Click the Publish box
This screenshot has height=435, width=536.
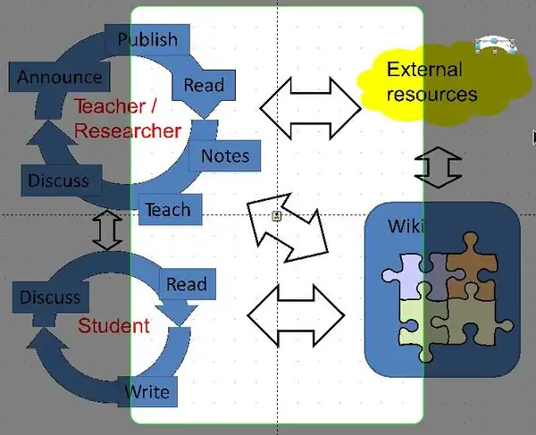coord(147,39)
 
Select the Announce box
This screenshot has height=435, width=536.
coord(59,77)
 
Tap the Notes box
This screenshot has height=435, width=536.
coord(225,155)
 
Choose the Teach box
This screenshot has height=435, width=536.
coord(171,210)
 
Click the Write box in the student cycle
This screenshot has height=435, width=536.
coord(147,391)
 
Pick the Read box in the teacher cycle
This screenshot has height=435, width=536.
coord(204,85)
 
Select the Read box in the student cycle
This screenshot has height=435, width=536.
coord(188,284)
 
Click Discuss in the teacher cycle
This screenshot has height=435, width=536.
coord(61,180)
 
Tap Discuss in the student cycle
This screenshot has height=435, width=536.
coord(51,297)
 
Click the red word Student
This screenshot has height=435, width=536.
coord(113,326)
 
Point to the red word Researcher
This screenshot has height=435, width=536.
coord(128,131)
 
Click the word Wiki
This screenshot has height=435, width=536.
coord(406,226)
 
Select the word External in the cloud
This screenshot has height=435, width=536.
coord(424,70)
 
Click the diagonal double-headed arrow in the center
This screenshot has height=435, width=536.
coord(288,228)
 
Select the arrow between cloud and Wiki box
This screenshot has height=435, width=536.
coord(438,167)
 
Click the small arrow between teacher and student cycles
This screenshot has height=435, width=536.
coord(107,230)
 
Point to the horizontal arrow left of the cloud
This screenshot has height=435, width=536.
coord(310,108)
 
